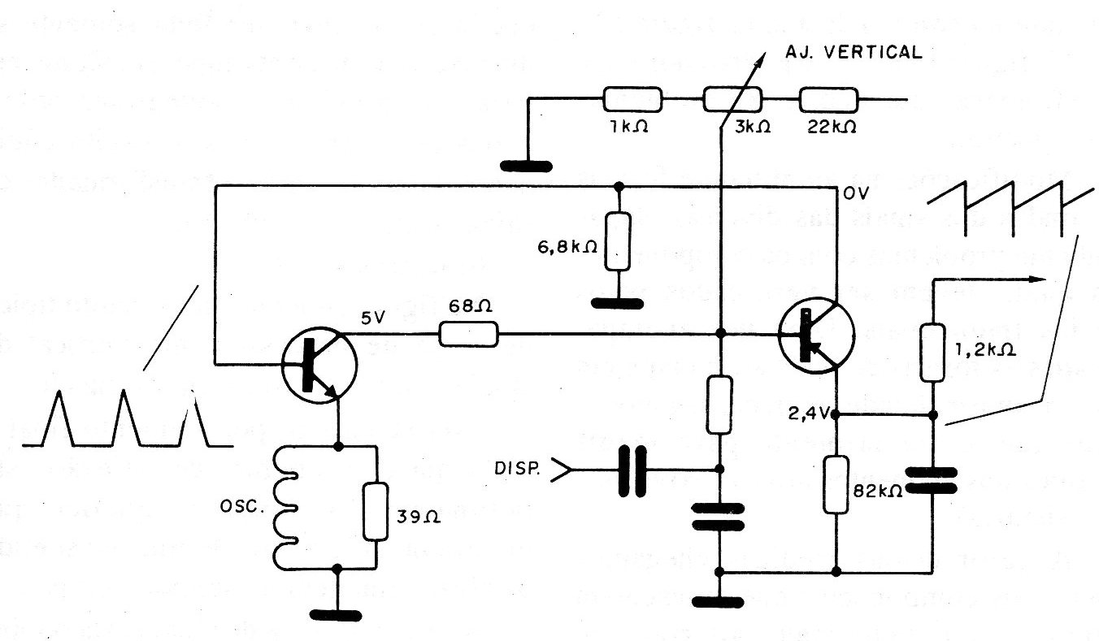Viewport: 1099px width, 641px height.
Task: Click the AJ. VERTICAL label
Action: [854, 53]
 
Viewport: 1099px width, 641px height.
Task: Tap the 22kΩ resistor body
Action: [828, 100]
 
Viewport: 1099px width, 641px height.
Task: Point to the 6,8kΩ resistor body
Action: [619, 241]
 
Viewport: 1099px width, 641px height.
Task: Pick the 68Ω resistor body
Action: [468, 334]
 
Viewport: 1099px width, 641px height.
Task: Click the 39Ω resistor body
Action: [376, 510]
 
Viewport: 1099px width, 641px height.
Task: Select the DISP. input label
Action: [515, 469]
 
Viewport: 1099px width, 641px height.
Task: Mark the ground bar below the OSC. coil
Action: [337, 615]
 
